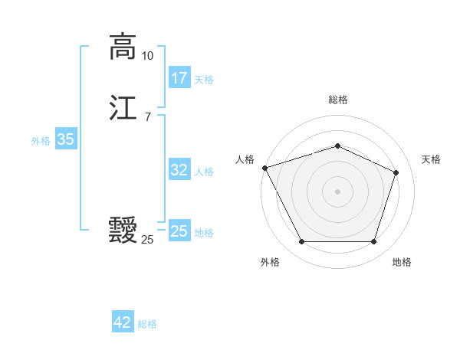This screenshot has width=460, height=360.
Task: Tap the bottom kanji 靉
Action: [x=123, y=230]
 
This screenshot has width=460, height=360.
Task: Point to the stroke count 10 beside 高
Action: [x=147, y=56]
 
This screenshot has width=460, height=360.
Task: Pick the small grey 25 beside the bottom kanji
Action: [x=147, y=240]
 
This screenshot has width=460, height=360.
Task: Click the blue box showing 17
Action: [x=179, y=78]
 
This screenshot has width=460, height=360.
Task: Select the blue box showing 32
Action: [x=179, y=170]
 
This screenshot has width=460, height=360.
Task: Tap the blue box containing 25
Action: [x=179, y=231]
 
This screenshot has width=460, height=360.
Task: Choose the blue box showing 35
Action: [x=66, y=139]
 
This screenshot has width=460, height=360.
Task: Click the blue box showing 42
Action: [x=123, y=323]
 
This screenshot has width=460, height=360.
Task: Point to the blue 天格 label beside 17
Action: [x=204, y=80]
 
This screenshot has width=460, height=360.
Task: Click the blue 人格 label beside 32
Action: [x=204, y=172]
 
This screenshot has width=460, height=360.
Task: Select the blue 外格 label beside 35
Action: [x=41, y=141]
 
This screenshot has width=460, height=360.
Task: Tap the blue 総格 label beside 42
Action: [x=147, y=325]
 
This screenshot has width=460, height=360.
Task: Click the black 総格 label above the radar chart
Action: [x=337, y=100]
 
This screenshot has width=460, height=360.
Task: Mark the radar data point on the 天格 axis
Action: [x=396, y=172]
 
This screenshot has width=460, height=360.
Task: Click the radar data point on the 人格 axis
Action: [x=264, y=168]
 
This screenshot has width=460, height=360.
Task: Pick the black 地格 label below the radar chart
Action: [x=402, y=263]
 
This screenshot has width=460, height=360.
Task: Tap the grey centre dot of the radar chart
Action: [x=337, y=191]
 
